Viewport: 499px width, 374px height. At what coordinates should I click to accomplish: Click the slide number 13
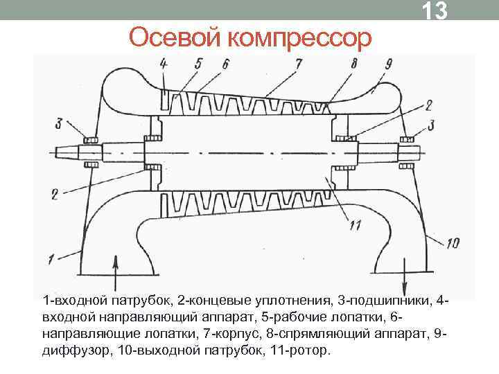(x=435, y=12)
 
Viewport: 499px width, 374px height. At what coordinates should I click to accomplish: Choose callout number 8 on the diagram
(x=355, y=64)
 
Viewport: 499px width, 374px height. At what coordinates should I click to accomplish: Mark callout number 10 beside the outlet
(x=452, y=242)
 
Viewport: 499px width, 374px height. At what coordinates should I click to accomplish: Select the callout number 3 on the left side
(x=60, y=124)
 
